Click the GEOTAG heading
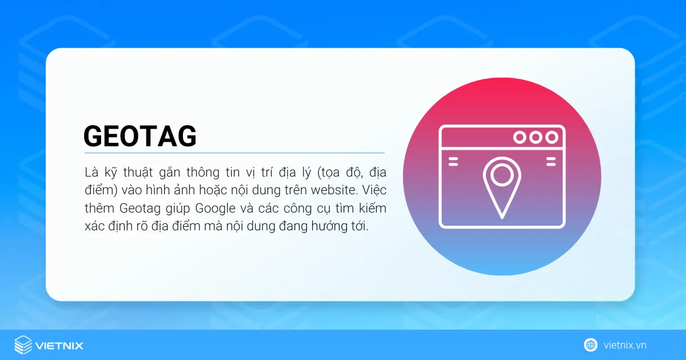pos(140,136)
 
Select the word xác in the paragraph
pos(94,226)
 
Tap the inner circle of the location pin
pos(501,175)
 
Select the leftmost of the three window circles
pos(520,137)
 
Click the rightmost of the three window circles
pos(552,137)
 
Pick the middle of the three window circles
pos(536,137)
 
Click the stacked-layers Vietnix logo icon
pos(23,345)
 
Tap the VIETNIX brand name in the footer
pos(59,346)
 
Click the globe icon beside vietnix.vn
pos(591,345)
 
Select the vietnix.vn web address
pos(625,345)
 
